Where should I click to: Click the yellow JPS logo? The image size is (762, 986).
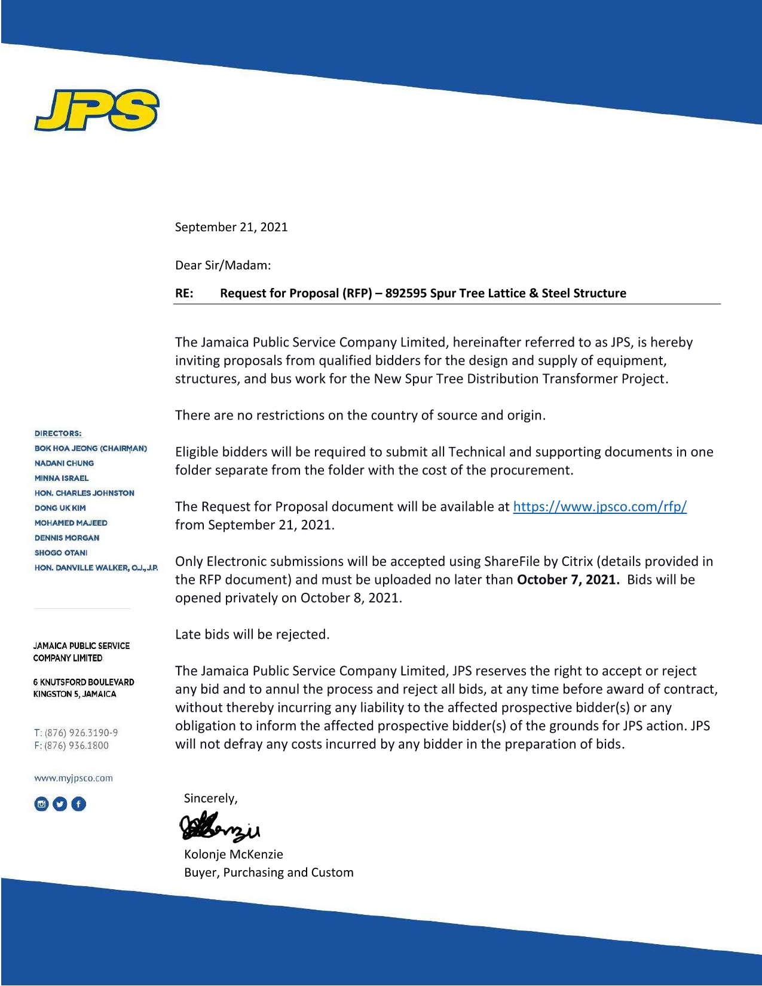[96, 109]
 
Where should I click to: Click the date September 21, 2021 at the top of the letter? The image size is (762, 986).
[231, 227]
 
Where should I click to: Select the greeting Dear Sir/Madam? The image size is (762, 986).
[222, 265]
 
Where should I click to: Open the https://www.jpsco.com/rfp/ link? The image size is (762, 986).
[599, 507]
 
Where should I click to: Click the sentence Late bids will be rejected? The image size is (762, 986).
[252, 635]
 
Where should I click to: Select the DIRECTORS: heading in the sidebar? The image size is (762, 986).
[58, 433]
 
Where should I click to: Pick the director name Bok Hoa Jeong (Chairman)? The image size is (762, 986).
[90, 448]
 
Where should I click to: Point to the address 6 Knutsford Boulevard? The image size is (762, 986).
[84, 682]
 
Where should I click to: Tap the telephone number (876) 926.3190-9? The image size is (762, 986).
[81, 733]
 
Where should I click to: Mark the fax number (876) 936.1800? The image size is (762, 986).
[76, 745]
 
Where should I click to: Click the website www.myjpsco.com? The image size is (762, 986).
[73, 778]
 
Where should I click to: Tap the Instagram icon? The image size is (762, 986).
[41, 804]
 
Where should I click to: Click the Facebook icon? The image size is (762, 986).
[79, 804]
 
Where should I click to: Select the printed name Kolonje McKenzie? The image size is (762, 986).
[233, 855]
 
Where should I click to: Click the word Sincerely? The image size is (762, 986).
[210, 798]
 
